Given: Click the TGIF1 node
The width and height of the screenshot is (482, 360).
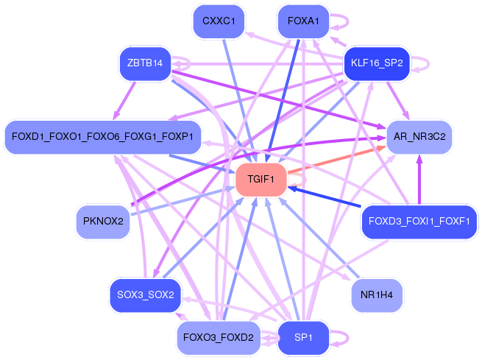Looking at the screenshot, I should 261,180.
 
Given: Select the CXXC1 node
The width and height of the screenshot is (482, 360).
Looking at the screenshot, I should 219,21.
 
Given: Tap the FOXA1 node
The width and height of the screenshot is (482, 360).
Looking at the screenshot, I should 303,21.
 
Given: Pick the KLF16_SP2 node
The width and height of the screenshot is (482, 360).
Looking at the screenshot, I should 377,63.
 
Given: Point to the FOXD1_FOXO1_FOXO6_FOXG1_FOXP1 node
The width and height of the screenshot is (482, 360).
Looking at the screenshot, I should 102,137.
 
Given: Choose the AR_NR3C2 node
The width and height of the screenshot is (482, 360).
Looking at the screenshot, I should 419,137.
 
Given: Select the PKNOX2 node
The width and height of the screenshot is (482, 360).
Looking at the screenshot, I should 103,222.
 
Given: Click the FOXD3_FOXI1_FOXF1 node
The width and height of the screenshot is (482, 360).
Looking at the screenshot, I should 419,222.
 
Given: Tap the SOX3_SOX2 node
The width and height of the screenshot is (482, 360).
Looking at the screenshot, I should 145,295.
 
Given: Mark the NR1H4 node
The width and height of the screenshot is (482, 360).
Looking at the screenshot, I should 377,295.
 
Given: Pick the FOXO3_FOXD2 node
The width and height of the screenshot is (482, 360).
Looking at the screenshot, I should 219,338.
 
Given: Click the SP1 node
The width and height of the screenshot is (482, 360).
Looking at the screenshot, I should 303,338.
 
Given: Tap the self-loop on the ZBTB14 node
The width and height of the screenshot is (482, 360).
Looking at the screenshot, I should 183,65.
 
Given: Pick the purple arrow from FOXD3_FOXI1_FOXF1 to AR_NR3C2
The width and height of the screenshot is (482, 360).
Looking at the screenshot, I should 419,180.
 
